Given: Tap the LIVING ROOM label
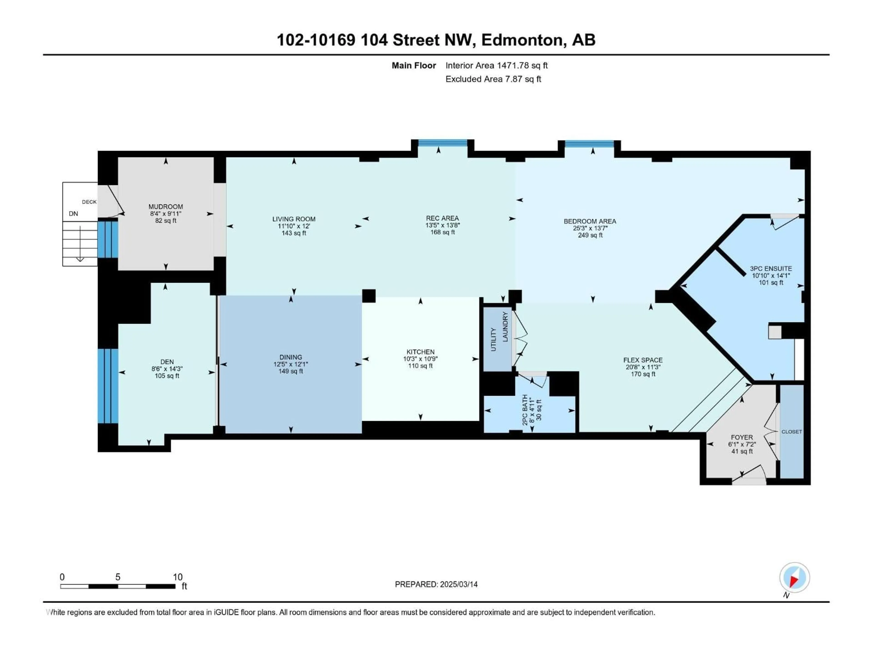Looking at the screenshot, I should pyautogui.click(x=294, y=219).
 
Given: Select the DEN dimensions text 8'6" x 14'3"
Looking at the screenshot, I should pyautogui.click(x=167, y=369).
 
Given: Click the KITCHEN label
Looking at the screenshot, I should pyautogui.click(x=420, y=352).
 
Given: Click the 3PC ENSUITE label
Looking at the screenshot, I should pyautogui.click(x=770, y=268).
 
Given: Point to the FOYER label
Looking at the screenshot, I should pyautogui.click(x=742, y=437).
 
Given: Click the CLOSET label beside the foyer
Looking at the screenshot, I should pyautogui.click(x=791, y=431).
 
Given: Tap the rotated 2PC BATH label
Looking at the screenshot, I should pyautogui.click(x=525, y=410).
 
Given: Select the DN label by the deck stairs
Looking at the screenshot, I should pyautogui.click(x=73, y=214).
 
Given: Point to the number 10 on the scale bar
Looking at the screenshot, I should pyautogui.click(x=178, y=577).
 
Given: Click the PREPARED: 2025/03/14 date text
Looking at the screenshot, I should pyautogui.click(x=436, y=584).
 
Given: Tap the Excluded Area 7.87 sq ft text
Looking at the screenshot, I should pyautogui.click(x=493, y=79).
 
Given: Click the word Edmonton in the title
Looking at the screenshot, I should pyautogui.click(x=522, y=40).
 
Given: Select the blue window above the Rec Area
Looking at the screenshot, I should pyautogui.click(x=442, y=143).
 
